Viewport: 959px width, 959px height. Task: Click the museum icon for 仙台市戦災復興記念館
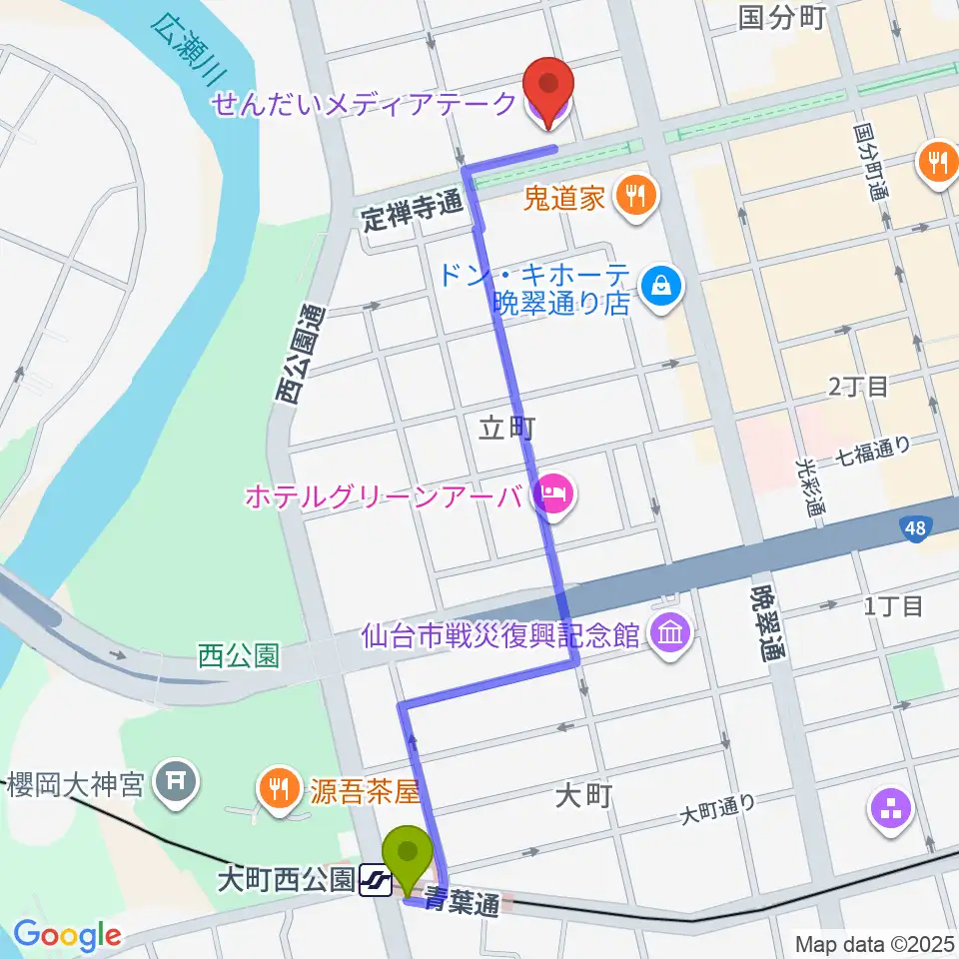(x=666, y=635)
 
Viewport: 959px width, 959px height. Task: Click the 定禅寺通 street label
(x=412, y=213)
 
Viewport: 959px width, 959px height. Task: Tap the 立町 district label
(x=508, y=429)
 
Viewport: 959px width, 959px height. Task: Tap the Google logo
(x=67, y=935)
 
